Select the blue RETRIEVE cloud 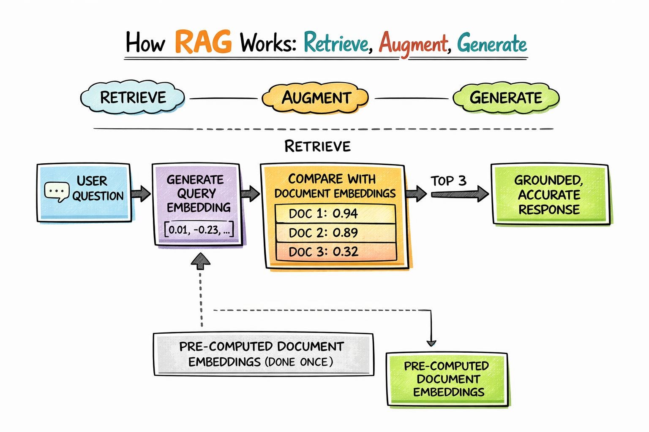point(133,97)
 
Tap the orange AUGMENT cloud point(316,98)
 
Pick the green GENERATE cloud point(506,98)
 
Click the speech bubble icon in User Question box point(57,192)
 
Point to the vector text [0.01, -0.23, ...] point(199,230)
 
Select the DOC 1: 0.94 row point(335,213)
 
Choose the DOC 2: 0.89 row point(335,233)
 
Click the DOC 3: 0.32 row point(335,252)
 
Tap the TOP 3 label point(448,181)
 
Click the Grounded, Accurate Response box point(549,194)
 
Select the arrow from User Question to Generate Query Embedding point(140,194)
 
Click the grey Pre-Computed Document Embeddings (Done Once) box point(263,354)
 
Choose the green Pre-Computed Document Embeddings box point(447,379)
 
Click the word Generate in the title point(492,44)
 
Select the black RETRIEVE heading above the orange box point(317,146)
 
